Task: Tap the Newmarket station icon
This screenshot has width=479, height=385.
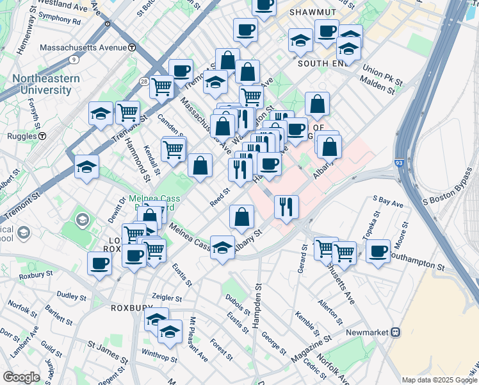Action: point(396,332)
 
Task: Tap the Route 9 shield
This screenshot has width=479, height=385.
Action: point(74,60)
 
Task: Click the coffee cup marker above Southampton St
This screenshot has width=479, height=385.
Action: point(378,250)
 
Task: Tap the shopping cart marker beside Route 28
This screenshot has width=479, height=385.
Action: point(161,86)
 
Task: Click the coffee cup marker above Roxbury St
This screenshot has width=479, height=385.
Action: point(100,263)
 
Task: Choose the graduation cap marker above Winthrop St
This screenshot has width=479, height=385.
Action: point(170,331)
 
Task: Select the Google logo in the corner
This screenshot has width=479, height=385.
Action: point(21,377)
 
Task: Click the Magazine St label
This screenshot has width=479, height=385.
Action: point(313,347)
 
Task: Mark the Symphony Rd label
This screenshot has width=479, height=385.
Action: point(59,21)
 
